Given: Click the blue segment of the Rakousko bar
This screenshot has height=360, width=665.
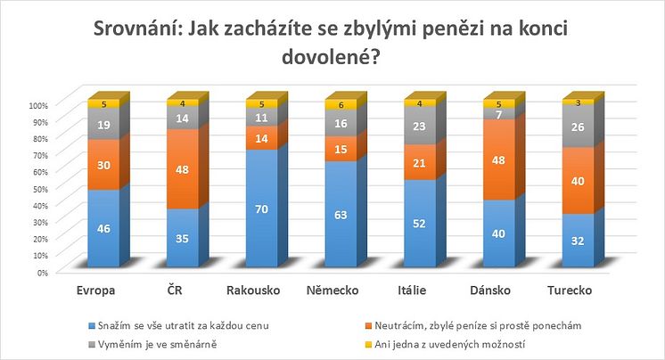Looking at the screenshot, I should tap(261, 209).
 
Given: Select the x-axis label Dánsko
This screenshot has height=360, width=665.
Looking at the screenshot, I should tap(495, 290).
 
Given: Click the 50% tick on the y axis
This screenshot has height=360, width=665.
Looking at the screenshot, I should tap(39, 189).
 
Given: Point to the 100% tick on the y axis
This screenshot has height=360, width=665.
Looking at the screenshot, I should tap(37, 104).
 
